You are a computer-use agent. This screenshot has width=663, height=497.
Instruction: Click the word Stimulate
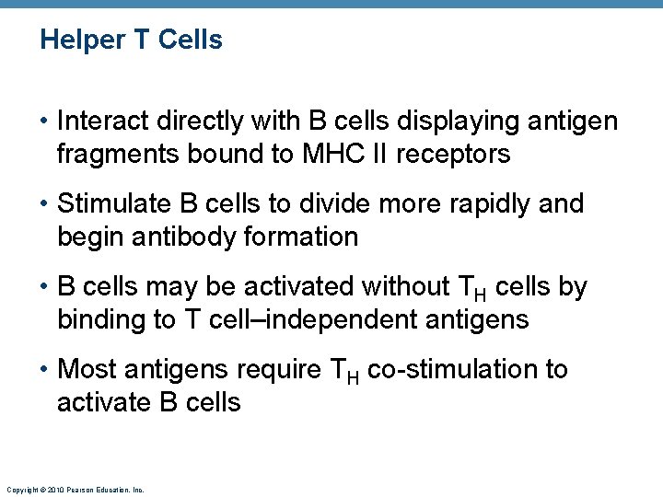114,203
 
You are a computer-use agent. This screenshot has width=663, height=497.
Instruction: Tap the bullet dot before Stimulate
44,204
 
